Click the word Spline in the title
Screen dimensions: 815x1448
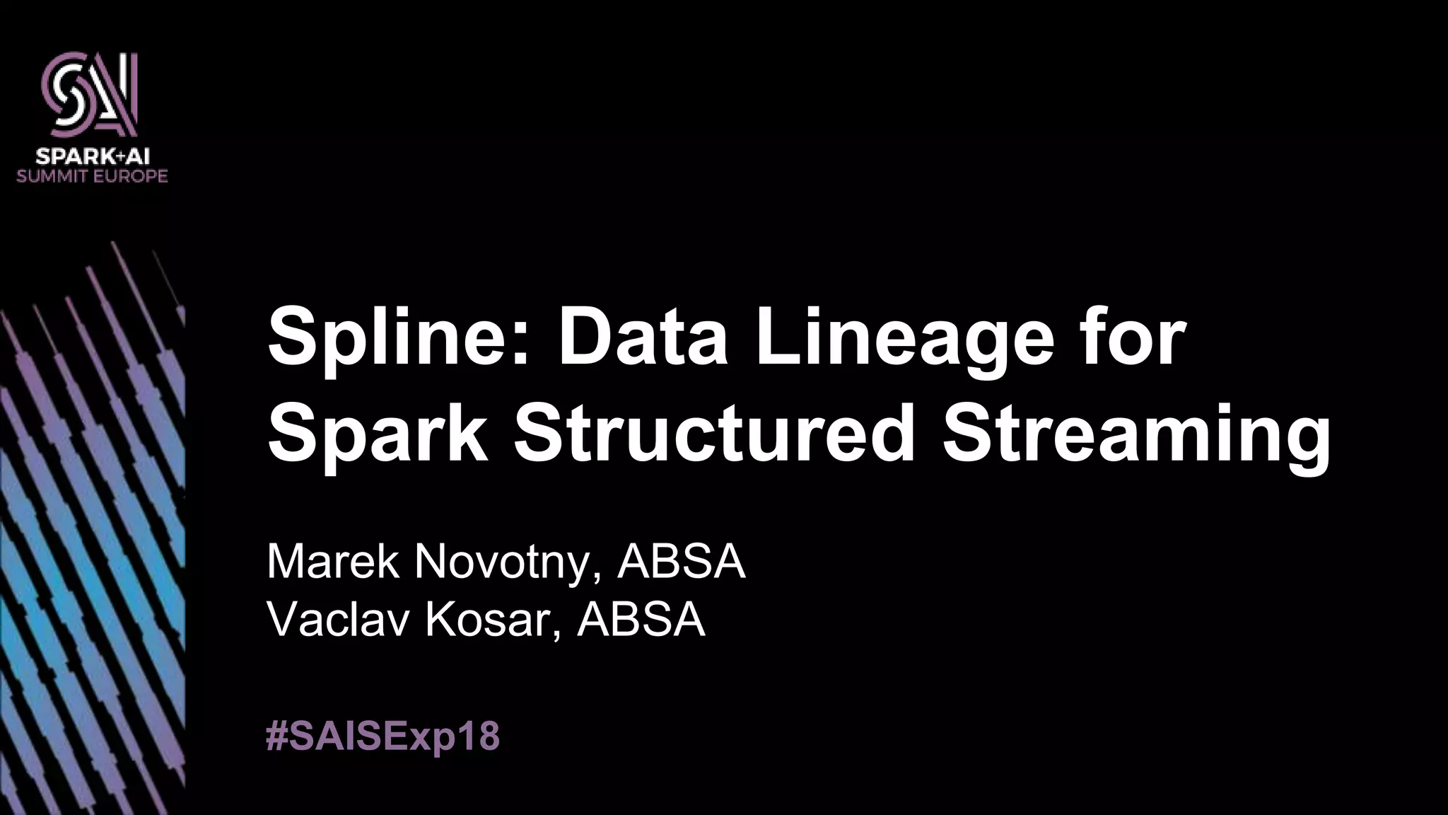click(389, 338)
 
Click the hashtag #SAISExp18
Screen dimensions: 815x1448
click(383, 736)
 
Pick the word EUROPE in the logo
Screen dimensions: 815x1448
click(128, 175)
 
